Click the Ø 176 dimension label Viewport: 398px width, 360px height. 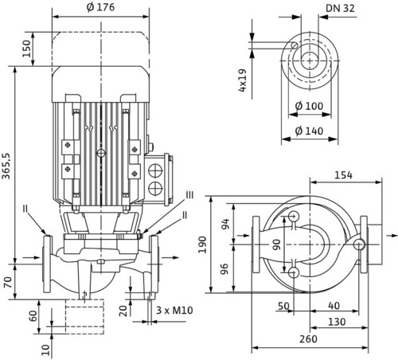pyautogui.click(x=100, y=7)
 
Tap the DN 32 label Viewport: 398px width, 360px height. pyautogui.click(x=340, y=9)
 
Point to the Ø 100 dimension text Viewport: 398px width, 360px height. pyautogui.click(x=309, y=106)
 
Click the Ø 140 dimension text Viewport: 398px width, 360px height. pyautogui.click(x=309, y=131)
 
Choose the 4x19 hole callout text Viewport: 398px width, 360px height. pyautogui.click(x=243, y=80)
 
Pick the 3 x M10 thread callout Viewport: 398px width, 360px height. pyautogui.click(x=174, y=310)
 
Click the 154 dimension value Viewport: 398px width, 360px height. pyautogui.click(x=343, y=175)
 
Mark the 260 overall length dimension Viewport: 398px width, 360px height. pyautogui.click(x=308, y=339)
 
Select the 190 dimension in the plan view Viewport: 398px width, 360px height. pyautogui.click(x=203, y=245)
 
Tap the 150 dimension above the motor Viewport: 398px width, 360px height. pyautogui.click(x=26, y=49)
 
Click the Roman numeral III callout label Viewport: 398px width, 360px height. pyautogui.click(x=189, y=195)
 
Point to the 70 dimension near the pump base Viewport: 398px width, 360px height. pyautogui.click(x=8, y=282)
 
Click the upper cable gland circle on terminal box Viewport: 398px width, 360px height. pyautogui.click(x=155, y=170)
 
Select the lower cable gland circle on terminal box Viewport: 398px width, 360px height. pyautogui.click(x=155, y=188)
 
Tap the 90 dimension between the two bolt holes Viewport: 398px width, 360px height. pyautogui.click(x=276, y=245)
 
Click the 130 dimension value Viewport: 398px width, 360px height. pyautogui.click(x=337, y=322)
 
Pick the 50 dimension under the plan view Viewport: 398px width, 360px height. pyautogui.click(x=283, y=306)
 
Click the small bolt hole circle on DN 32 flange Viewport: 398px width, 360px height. pyautogui.click(x=295, y=45)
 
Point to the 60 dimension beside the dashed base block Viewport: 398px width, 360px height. pyautogui.click(x=33, y=316)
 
